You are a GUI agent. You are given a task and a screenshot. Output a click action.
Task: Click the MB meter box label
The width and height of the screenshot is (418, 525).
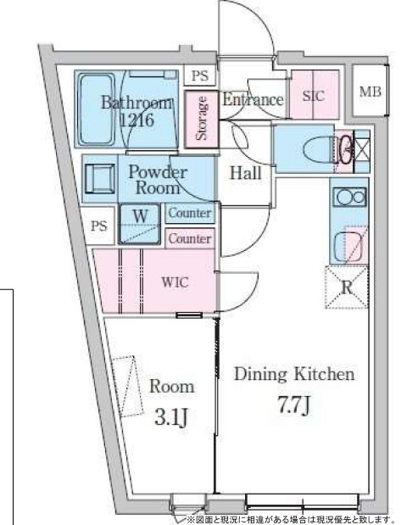click(x=371, y=92)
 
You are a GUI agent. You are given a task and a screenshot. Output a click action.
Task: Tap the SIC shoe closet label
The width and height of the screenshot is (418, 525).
click(x=314, y=96)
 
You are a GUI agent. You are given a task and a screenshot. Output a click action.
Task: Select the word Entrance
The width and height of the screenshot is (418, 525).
click(x=253, y=99)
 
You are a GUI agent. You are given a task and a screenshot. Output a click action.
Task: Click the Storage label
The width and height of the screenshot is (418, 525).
click(x=202, y=118)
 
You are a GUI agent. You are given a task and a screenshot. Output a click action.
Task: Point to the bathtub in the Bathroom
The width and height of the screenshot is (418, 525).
click(x=96, y=109)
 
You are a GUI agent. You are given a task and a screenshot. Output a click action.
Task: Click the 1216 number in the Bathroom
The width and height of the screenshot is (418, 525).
click(x=137, y=120)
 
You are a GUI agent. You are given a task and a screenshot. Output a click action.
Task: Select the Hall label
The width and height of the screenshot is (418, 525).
click(x=246, y=173)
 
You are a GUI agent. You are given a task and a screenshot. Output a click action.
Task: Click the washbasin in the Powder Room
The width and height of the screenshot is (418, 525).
click(x=100, y=178)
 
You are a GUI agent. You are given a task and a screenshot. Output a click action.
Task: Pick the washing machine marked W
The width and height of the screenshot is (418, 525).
click(x=140, y=224)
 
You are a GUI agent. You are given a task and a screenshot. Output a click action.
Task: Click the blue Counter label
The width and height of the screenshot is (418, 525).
click(x=190, y=213)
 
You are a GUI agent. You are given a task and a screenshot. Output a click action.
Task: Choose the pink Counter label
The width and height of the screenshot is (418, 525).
click(x=190, y=238)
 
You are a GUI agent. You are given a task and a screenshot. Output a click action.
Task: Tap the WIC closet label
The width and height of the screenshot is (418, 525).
click(x=175, y=282)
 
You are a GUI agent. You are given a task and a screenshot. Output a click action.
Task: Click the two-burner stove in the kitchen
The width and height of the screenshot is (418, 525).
click(x=349, y=197)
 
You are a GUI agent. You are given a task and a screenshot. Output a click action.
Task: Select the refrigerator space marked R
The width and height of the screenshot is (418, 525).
click(x=347, y=288)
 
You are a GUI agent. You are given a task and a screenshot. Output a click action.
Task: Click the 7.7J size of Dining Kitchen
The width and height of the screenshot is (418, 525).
click(x=294, y=405)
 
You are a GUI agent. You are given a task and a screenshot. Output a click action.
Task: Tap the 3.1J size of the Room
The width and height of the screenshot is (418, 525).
click(x=170, y=417)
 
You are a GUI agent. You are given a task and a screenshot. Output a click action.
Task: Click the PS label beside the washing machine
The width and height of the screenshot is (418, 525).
click(x=99, y=226)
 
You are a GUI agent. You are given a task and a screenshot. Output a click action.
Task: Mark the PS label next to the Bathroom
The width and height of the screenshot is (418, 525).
click(x=200, y=75)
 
